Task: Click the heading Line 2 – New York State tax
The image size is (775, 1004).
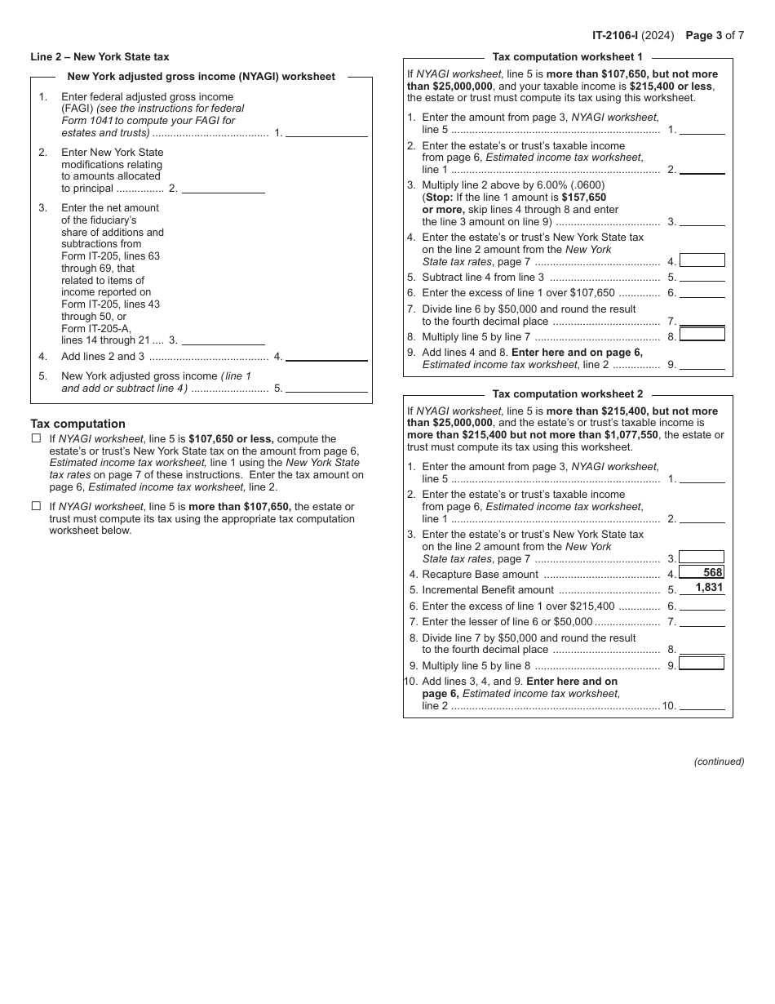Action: coord(100,57)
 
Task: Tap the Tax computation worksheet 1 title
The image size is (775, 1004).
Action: coord(567,57)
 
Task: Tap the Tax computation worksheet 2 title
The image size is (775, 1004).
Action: coord(567,394)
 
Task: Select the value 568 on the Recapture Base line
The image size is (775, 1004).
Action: coord(713,573)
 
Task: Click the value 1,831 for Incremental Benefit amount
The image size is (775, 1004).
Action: coord(709,588)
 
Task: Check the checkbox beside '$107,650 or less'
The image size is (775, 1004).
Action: coord(36,438)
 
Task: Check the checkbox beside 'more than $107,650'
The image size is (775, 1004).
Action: coord(36,506)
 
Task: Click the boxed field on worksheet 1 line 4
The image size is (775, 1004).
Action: coord(702,260)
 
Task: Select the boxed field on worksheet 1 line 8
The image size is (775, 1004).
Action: coord(702,335)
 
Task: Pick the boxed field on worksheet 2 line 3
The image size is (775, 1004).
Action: coord(702,558)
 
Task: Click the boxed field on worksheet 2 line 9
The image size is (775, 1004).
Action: coord(702,664)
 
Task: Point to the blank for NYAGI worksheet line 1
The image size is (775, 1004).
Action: coord(326,131)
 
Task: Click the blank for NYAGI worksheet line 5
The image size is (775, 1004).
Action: coord(326,388)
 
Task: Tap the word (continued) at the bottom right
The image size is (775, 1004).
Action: coord(719,762)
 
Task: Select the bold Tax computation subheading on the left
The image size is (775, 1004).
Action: coord(77,424)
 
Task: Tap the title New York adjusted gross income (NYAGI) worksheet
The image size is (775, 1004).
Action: coord(201,77)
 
